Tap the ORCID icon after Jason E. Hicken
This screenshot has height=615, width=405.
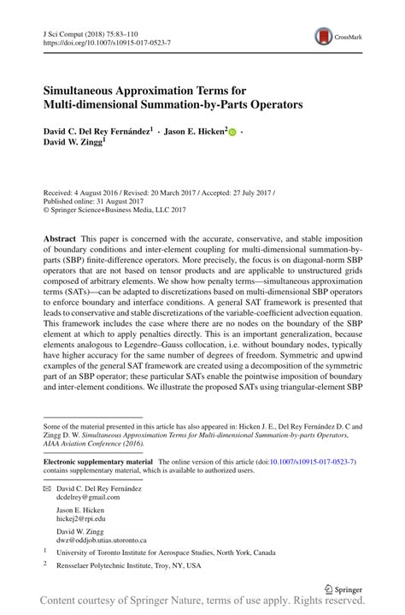click(232, 133)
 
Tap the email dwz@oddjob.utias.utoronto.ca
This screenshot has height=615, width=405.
click(101, 541)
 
